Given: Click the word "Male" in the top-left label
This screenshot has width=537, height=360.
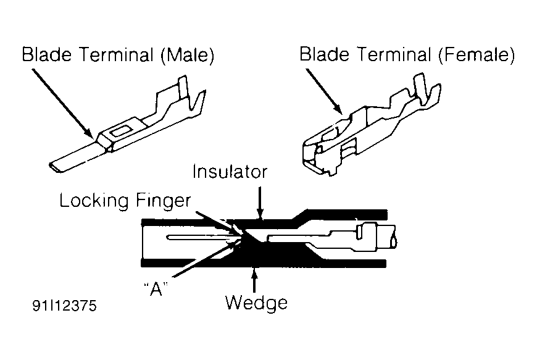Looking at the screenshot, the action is point(188,56).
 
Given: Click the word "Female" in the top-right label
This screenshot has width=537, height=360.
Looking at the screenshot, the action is point(476,55).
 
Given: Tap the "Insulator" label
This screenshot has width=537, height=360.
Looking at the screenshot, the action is point(230,172).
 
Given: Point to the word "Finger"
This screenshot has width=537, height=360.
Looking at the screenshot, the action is point(164,201).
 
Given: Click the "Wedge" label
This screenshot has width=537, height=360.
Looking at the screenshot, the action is point(256,303).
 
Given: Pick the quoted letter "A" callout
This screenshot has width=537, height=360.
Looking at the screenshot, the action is point(156,288).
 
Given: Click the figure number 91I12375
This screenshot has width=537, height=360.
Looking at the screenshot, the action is point(65,306).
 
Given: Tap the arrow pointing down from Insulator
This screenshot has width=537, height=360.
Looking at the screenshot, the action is point(260,203).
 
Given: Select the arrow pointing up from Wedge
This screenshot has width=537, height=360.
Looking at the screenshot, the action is point(254,280).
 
